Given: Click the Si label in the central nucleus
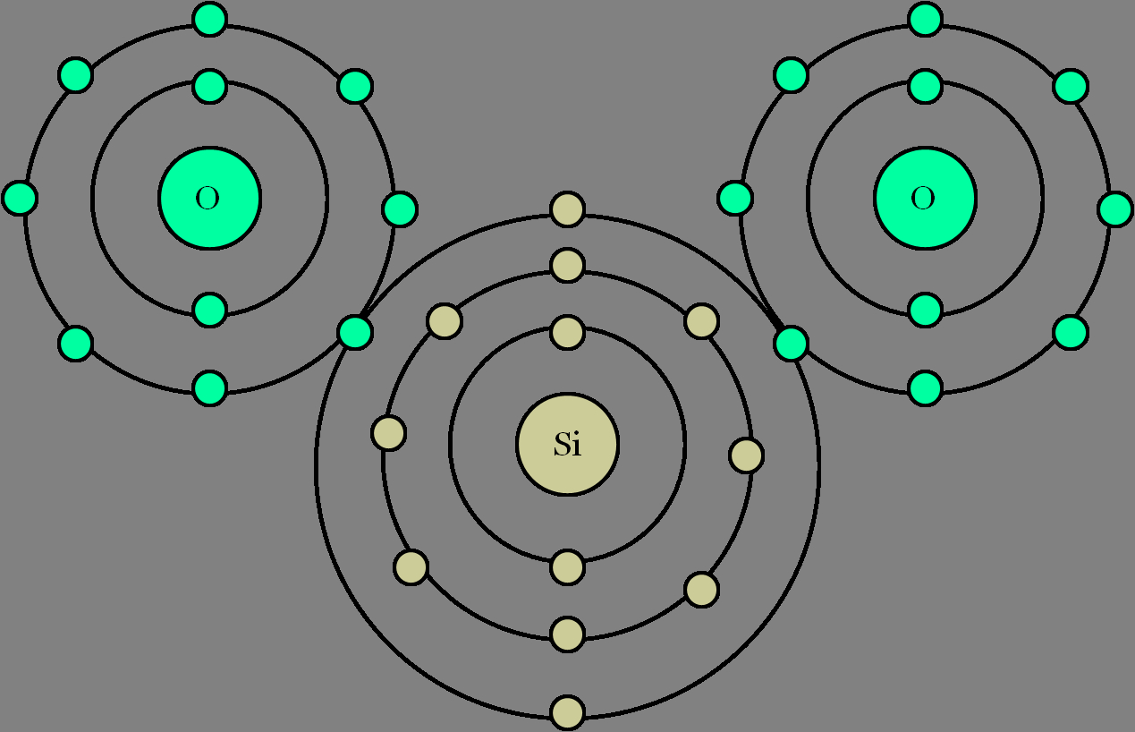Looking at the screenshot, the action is pyautogui.click(x=567, y=444).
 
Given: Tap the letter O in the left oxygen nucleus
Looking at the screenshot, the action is pyautogui.click(x=208, y=198).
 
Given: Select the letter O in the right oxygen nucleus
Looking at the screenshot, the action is pyautogui.click(x=923, y=198).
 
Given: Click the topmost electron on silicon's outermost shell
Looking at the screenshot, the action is pyautogui.click(x=567, y=209).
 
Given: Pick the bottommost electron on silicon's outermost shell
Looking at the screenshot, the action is pyautogui.click(x=567, y=712).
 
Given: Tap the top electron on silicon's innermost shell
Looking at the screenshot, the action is pyautogui.click(x=567, y=333).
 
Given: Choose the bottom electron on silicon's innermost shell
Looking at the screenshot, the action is pyautogui.click(x=567, y=566).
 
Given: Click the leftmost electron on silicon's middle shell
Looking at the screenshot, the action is pyautogui.click(x=389, y=433).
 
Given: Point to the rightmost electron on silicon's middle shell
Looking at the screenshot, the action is pyautogui.click(x=746, y=455).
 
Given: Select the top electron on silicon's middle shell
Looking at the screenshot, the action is pyautogui.click(x=567, y=265).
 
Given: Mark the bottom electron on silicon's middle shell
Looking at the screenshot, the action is pyautogui.click(x=567, y=634).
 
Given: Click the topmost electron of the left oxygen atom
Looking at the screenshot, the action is pyautogui.click(x=210, y=20).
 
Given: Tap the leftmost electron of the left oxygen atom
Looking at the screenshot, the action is pyautogui.click(x=20, y=198).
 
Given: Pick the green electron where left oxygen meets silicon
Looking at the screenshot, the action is pyautogui.click(x=355, y=333).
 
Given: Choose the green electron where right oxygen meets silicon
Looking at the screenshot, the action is pyautogui.click(x=791, y=344).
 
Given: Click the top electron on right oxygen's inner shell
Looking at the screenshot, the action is pyautogui.click(x=925, y=86).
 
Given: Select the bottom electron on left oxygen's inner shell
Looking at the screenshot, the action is pyautogui.click(x=210, y=310).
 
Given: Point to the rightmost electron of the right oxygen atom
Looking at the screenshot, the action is pyautogui.click(x=1114, y=209).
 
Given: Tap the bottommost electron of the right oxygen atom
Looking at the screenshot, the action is pyautogui.click(x=925, y=388).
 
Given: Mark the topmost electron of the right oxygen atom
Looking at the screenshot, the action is pyautogui.click(x=925, y=20).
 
